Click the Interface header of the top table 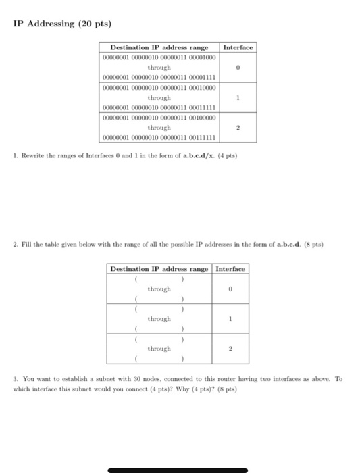point(238,48)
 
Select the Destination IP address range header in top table point(159,48)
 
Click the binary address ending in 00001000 point(159,58)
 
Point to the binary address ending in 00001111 point(159,78)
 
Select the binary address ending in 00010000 point(159,87)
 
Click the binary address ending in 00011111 point(159,107)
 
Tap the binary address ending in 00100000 point(159,116)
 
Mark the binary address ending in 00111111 point(159,136)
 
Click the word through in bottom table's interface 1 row point(159,319)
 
